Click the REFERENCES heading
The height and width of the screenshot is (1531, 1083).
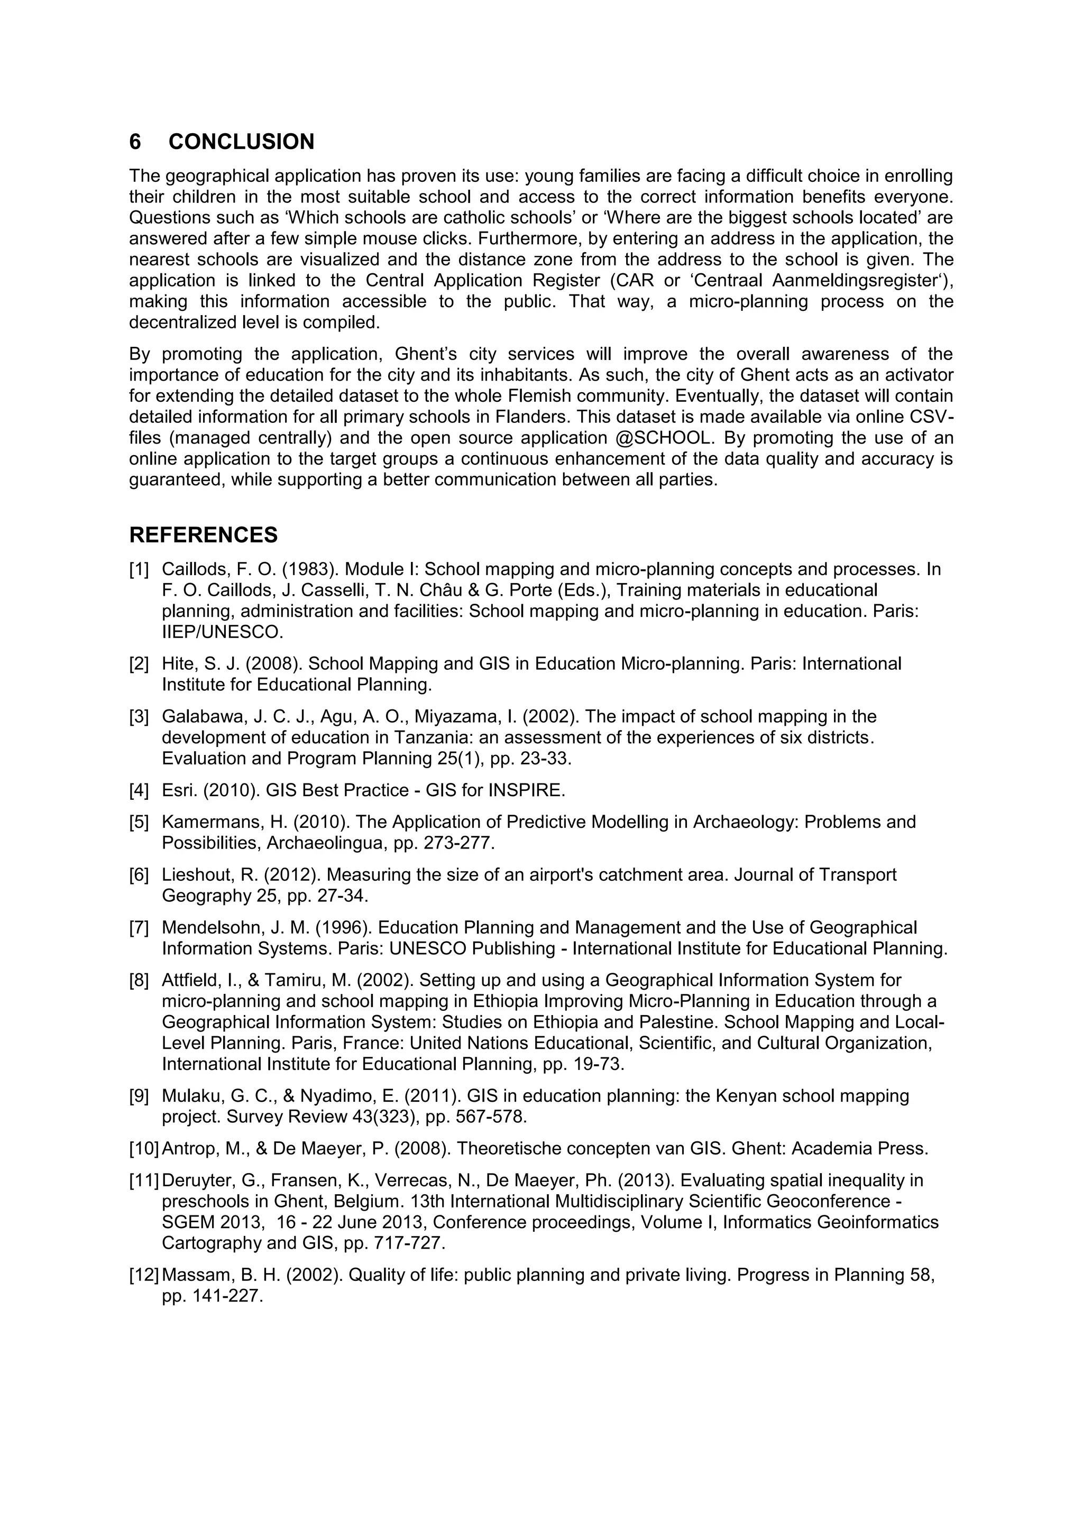click(204, 535)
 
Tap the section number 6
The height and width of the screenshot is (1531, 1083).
click(135, 142)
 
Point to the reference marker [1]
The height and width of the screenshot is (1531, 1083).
click(140, 569)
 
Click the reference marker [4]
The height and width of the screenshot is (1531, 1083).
click(140, 790)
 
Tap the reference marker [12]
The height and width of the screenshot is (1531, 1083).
click(144, 1275)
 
